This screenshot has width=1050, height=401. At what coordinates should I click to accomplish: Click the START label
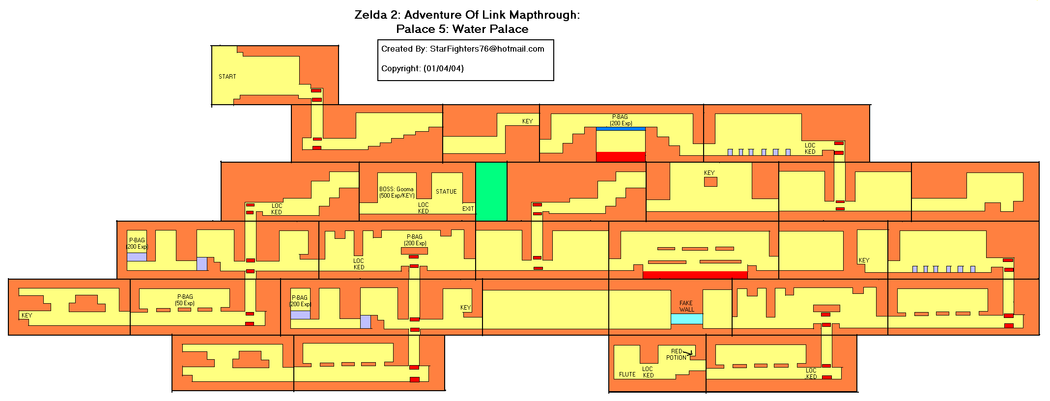click(227, 77)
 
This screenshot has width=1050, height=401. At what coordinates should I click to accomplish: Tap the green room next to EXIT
click(491, 192)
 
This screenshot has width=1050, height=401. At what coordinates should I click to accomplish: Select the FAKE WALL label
click(686, 306)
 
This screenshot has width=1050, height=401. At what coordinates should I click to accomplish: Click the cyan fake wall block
click(687, 319)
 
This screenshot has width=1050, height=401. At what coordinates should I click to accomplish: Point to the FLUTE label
click(627, 374)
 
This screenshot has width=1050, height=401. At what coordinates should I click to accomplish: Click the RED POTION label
click(676, 354)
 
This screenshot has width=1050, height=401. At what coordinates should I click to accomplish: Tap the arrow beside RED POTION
click(687, 352)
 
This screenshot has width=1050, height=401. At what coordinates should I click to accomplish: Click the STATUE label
click(446, 192)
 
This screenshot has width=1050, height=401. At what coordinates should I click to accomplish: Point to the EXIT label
click(468, 209)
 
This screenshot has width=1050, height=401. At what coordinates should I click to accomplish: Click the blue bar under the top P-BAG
click(621, 129)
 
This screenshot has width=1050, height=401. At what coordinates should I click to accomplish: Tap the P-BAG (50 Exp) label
click(185, 300)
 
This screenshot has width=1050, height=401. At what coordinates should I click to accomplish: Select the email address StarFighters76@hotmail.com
click(487, 49)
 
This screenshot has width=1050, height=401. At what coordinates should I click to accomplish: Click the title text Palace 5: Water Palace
click(462, 29)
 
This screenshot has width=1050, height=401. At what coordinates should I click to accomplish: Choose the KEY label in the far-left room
click(27, 315)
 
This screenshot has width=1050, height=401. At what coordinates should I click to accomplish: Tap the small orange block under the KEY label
click(710, 182)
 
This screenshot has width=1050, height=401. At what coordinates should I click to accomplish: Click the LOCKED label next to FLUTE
click(648, 372)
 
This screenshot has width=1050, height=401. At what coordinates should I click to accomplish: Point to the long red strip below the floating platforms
click(695, 275)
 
